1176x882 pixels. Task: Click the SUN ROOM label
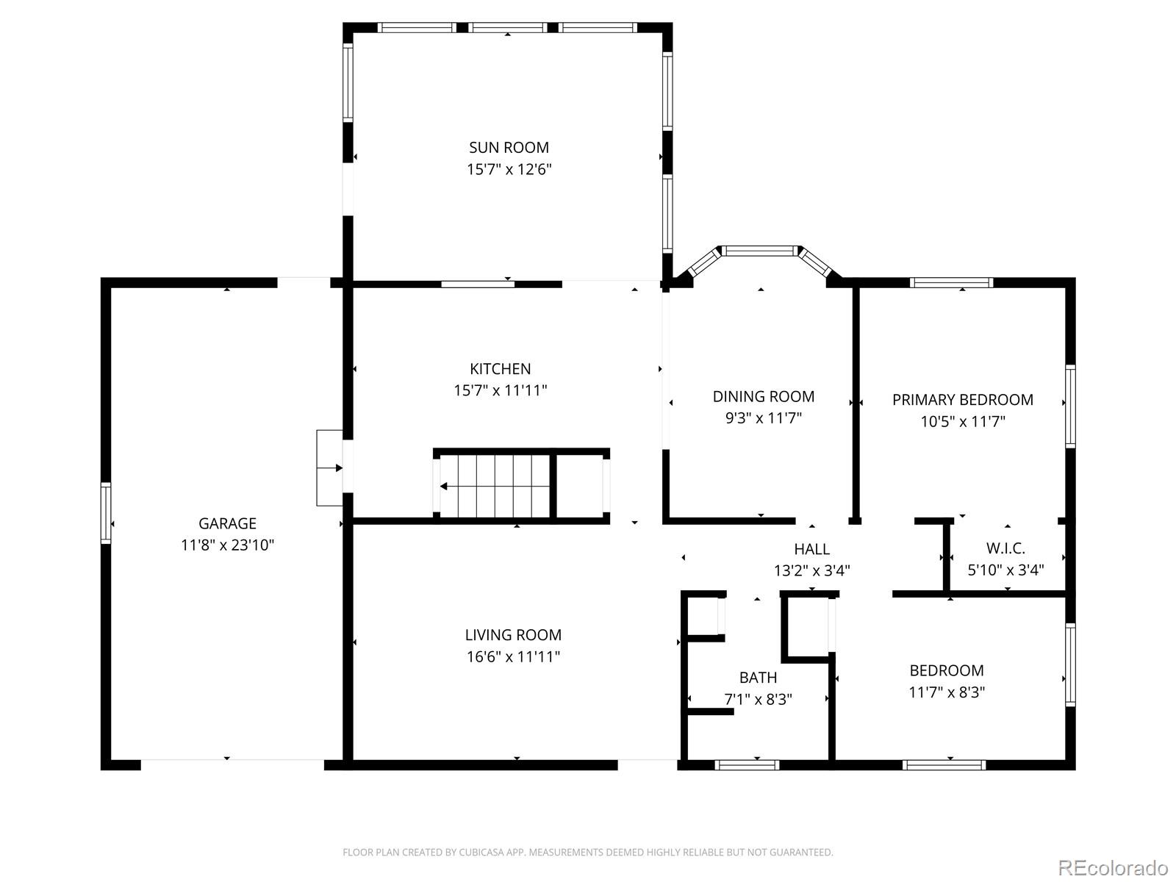[x=509, y=147]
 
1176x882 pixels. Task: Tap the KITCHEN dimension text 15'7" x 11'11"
[x=501, y=390]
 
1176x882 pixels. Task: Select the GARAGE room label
[x=227, y=523]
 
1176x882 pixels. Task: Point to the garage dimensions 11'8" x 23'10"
[x=227, y=545]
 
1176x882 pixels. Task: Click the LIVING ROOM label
[x=513, y=634]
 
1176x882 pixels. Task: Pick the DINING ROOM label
[x=764, y=396]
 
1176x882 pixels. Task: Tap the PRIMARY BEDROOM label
[x=963, y=400]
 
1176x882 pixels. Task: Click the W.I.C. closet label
[x=1005, y=548]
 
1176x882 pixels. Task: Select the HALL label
[x=811, y=549]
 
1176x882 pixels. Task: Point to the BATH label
[x=758, y=678]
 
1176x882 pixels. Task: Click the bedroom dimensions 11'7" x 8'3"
[x=947, y=692]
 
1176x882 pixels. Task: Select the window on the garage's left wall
[x=106, y=513]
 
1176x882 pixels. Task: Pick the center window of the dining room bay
[x=760, y=251]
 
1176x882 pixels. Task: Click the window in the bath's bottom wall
[x=747, y=765]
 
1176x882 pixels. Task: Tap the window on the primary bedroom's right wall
[x=1070, y=406]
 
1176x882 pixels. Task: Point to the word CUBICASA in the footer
[x=479, y=852]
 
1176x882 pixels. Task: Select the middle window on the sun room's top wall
[x=508, y=27]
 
